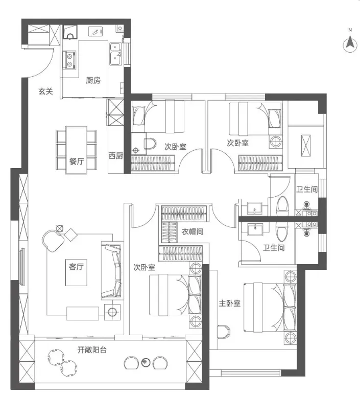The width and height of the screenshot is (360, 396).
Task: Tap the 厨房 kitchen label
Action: coord(93,81)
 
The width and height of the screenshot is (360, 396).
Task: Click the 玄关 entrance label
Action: coord(45,91)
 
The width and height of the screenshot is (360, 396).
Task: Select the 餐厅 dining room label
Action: coord(77,161)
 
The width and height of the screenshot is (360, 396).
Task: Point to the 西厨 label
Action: coord(116,155)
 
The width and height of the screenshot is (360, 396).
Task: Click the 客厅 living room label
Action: coord(76,266)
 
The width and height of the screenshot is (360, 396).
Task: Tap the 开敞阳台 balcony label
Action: coord(92,350)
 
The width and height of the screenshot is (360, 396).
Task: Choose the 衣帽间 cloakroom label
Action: coord(193,231)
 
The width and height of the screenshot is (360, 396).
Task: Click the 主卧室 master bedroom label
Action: coord(229,303)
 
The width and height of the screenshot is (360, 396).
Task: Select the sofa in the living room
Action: coord(112,270)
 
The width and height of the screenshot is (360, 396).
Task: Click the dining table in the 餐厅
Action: coord(76,150)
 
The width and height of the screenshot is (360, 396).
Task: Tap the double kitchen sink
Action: coord(115,54)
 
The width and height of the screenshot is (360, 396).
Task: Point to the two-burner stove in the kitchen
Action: coord(69,60)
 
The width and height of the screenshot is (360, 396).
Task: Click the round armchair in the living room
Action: coord(53,240)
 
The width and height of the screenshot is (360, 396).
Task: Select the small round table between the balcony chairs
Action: coord(146,362)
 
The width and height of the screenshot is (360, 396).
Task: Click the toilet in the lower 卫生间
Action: coord(281,232)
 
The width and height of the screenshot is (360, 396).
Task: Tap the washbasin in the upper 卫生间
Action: coord(254,207)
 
